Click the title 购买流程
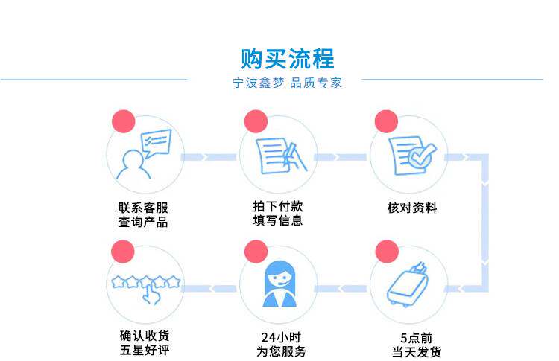click(288, 57)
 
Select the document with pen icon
click(277, 155)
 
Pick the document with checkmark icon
click(409, 155)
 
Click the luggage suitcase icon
click(409, 286)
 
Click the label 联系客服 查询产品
click(143, 214)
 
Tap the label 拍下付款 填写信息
click(277, 213)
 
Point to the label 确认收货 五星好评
click(144, 344)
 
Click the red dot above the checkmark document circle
click(386, 121)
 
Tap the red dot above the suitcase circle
click(386, 250)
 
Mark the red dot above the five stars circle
click(121, 251)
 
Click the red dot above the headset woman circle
click(256, 251)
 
